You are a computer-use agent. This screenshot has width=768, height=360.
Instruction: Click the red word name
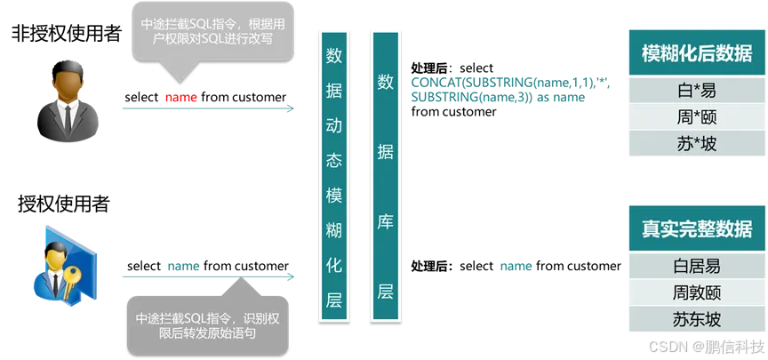181,97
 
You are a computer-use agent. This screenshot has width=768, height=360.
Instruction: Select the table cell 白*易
696,90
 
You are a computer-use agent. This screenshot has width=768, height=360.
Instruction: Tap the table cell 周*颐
696,116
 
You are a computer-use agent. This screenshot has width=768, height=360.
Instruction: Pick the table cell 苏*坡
696,143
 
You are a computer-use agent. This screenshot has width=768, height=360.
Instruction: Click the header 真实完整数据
696,228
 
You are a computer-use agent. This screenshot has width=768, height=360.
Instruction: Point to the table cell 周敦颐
696,292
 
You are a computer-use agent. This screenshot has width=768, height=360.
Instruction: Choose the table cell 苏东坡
696,318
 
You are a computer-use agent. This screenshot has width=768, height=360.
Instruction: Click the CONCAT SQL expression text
498,89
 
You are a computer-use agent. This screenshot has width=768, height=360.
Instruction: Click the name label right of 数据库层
516,266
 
